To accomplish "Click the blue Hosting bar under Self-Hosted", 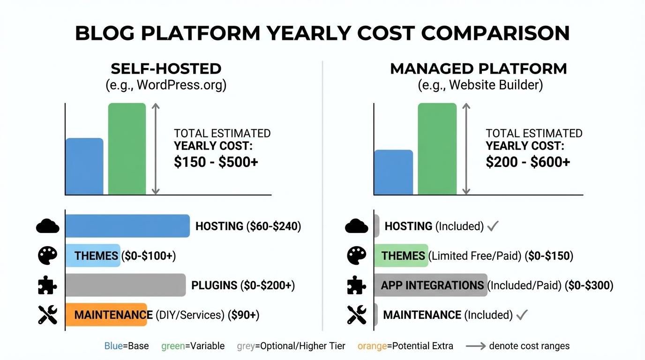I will tap(127, 226).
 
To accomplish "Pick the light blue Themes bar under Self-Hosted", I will tap(92, 255).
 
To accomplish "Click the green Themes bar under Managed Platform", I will tap(401, 255).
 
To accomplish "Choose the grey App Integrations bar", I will tap(430, 285).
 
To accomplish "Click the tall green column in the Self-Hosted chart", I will tap(127, 149).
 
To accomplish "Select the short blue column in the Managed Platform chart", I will tap(393, 172).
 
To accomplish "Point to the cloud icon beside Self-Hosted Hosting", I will tap(48, 226).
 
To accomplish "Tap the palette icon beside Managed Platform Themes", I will tap(357, 256).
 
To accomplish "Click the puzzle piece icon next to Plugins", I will tap(48, 285).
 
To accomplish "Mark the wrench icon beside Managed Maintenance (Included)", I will tap(357, 315).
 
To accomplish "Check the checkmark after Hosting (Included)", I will tap(493, 226).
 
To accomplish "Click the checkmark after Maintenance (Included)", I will tap(522, 315).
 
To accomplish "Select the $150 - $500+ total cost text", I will tap(216, 162).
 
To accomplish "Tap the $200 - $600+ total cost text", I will tap(528, 162).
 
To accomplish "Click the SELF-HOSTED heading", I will tap(166, 69).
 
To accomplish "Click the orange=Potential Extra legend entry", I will tap(405, 346).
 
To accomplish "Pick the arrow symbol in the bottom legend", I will tap(475, 346).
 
